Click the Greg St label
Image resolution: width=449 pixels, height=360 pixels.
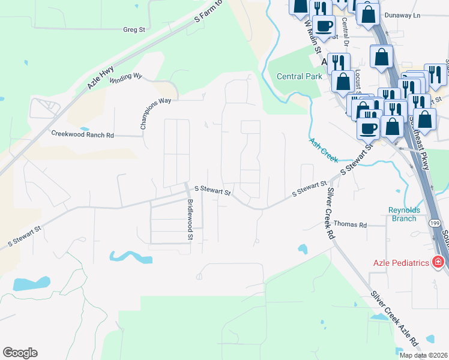point(134,29)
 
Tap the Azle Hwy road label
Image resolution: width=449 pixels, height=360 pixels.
point(100,78)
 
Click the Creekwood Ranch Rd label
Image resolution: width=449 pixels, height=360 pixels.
point(82,134)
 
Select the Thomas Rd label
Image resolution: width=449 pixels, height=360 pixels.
point(350,224)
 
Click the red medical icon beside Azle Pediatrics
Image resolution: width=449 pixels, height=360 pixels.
point(438,262)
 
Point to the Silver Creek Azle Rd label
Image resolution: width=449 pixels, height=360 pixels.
point(394,321)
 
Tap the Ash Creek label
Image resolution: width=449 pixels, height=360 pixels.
point(324,151)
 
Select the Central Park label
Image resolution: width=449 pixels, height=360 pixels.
point(299,76)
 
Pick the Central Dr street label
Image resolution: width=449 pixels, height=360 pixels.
point(345,31)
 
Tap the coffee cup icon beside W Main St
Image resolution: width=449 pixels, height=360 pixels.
point(324,27)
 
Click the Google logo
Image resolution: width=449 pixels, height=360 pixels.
point(20,353)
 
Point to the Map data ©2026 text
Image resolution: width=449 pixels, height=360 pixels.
point(423,355)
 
